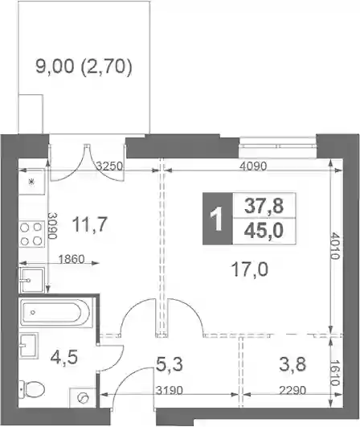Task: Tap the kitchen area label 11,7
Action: pyautogui.click(x=90, y=224)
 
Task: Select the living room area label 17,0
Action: pyautogui.click(x=249, y=269)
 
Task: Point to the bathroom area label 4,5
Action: pyautogui.click(x=64, y=357)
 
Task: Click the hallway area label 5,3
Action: pyautogui.click(x=170, y=364)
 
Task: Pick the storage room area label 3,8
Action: pyautogui.click(x=292, y=364)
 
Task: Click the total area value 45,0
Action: pyautogui.click(x=264, y=231)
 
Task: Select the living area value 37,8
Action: pyautogui.click(x=264, y=206)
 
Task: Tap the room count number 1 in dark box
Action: pyautogui.click(x=218, y=219)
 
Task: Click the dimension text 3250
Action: pyautogui.click(x=110, y=166)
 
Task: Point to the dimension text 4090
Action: pyautogui.click(x=253, y=166)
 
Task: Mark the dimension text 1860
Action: pyautogui.click(x=72, y=259)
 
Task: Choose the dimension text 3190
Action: pyautogui.click(x=170, y=391)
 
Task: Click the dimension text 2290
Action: pyautogui.click(x=292, y=391)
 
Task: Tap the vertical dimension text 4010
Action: pyautogui.click(x=335, y=245)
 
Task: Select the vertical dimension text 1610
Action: pyautogui.click(x=335, y=373)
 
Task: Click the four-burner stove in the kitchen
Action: pyautogui.click(x=31, y=234)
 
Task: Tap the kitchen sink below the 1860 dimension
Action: pyautogui.click(x=31, y=280)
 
